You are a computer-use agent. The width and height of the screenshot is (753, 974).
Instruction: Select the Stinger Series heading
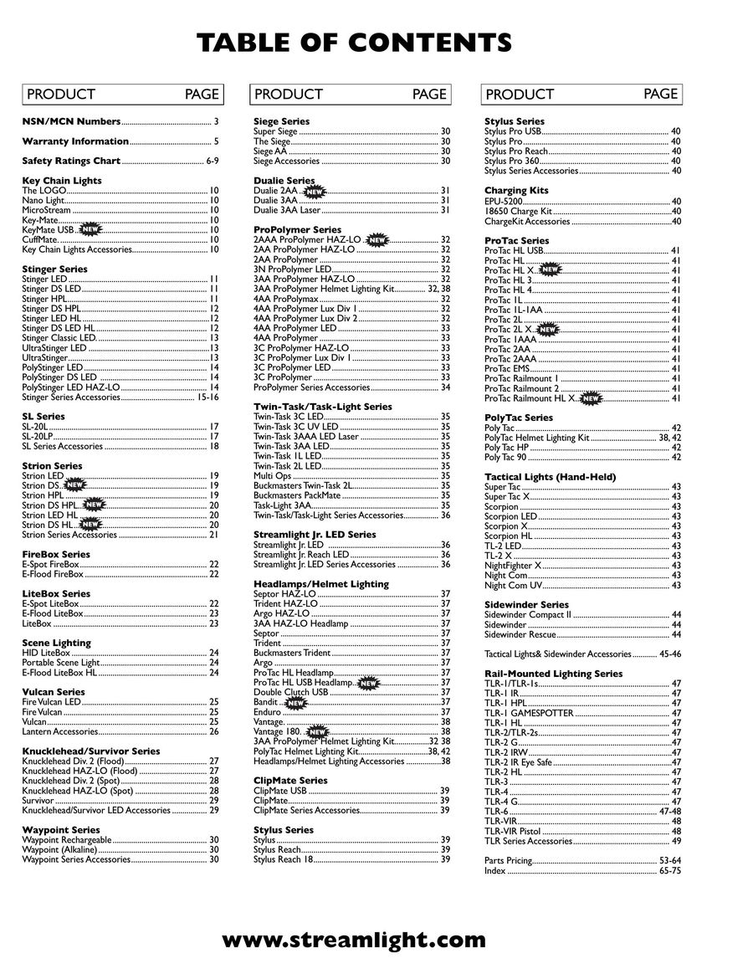(x=54, y=269)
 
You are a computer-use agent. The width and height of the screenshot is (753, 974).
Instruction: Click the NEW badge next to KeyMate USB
(x=90, y=229)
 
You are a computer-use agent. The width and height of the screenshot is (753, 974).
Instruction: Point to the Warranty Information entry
(x=75, y=141)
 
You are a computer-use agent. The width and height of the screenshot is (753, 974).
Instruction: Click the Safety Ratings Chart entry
(x=71, y=161)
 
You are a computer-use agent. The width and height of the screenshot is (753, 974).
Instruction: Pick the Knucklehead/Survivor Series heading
(x=90, y=751)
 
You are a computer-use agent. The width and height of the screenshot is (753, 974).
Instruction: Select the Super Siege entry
(x=275, y=131)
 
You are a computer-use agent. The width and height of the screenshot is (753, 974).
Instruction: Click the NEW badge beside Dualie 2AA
(x=314, y=192)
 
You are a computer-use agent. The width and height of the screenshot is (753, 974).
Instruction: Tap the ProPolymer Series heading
(x=297, y=229)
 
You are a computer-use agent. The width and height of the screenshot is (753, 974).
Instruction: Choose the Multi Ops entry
(x=272, y=475)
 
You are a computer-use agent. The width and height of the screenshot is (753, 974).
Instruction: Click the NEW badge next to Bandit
(x=296, y=703)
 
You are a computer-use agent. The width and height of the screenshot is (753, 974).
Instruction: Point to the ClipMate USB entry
(x=279, y=791)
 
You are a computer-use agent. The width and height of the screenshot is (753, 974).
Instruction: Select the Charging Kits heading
(x=516, y=191)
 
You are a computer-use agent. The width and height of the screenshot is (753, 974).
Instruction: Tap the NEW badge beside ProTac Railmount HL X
(x=591, y=398)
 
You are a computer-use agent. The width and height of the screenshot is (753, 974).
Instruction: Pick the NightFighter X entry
(x=512, y=566)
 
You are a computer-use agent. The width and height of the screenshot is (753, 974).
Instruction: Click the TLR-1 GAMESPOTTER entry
(x=529, y=713)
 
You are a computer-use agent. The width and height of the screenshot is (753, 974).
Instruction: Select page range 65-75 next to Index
(x=670, y=870)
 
